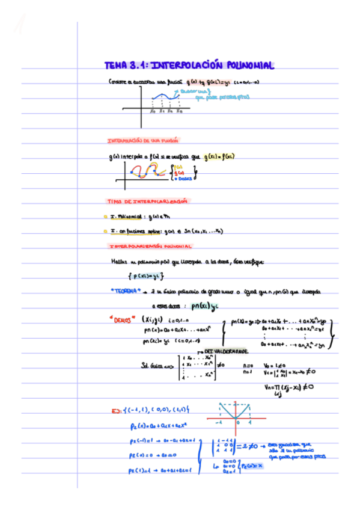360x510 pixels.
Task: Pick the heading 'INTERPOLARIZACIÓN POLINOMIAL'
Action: (150, 246)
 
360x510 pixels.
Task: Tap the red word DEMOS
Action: (122, 319)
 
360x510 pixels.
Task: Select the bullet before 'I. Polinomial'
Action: (105, 215)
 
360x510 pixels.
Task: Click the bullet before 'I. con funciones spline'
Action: (105, 230)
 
